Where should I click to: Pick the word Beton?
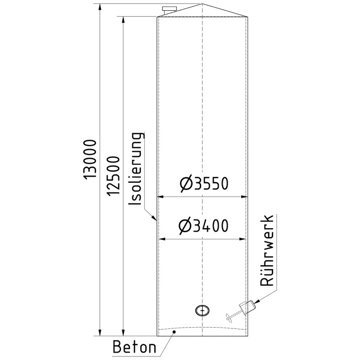coord(134,347)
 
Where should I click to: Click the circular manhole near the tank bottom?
coord(202,310)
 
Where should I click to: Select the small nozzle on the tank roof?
coord(169,9)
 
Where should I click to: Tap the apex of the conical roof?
coord(202,4)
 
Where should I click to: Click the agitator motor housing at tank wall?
coord(247,307)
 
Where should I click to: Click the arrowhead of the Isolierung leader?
coord(155,220)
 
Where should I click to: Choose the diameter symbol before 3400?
coord(185,225)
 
